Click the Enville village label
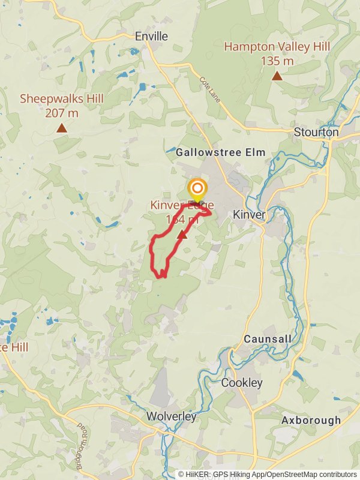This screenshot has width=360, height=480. [151, 37]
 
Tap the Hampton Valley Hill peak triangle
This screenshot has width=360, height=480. [277, 76]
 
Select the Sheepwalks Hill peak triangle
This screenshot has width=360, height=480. [61, 128]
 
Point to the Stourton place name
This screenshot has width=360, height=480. [316, 132]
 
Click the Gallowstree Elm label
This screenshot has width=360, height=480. [220, 153]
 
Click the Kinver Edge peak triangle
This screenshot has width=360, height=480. [182, 235]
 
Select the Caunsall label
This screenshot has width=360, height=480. [268, 339]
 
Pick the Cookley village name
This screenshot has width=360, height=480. [242, 383]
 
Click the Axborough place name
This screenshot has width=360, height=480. [311, 421]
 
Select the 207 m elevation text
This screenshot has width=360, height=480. [62, 112]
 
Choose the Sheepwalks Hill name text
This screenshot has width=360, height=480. [62, 98]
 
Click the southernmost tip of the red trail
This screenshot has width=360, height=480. [161, 277]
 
